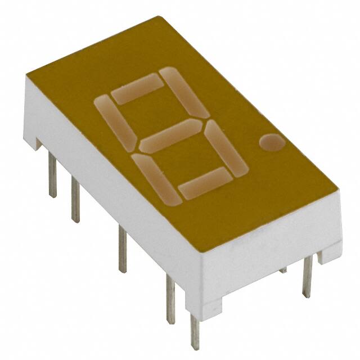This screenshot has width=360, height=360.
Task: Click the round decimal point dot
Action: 272,143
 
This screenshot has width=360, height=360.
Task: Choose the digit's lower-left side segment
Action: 152,176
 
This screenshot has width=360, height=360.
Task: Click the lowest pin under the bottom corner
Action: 195,331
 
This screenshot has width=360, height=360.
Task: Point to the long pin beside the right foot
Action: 307,278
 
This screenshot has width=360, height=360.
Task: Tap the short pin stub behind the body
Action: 282,271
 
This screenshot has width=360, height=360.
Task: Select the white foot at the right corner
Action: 330,253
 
